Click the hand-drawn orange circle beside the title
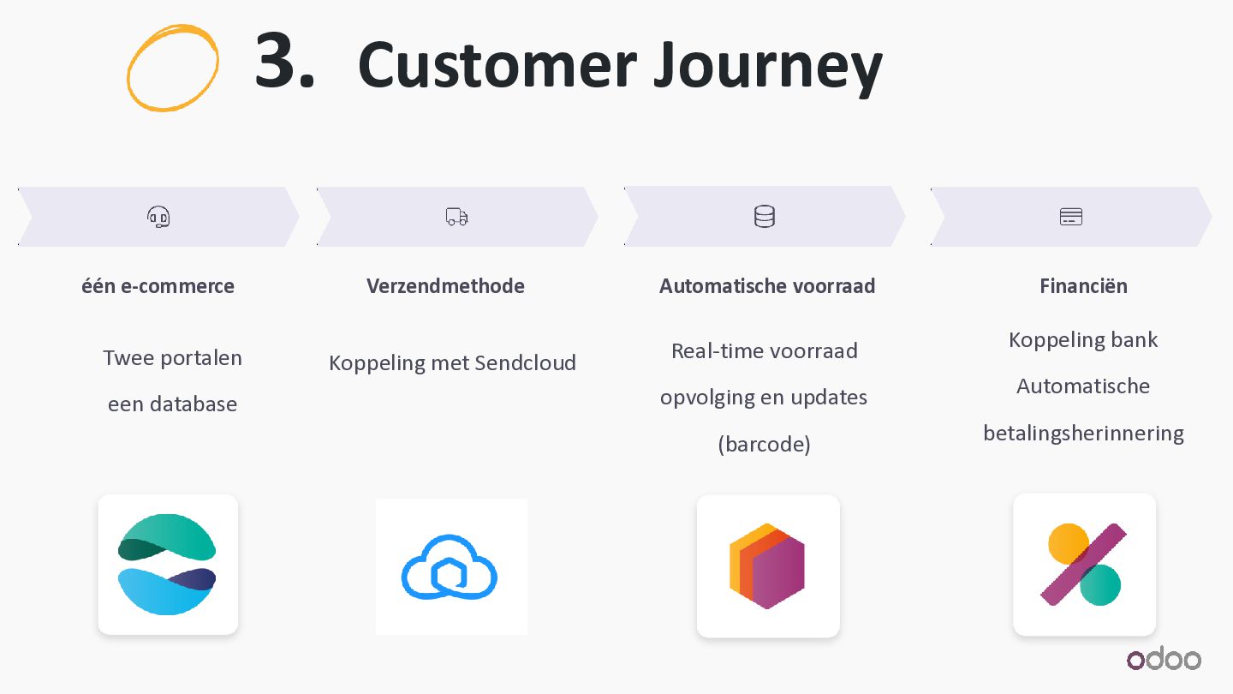[172, 68]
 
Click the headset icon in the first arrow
[158, 217]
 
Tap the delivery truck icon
[457, 217]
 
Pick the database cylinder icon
[765, 217]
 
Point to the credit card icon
[1071, 217]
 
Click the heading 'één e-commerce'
[158, 285]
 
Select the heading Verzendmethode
[445, 285]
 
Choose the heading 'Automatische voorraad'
[767, 285]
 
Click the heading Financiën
[1083, 285]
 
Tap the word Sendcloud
[525, 362]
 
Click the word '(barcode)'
[764, 444]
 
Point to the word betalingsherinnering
[1083, 433]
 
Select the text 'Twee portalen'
[172, 357]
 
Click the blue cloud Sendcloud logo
[450, 566]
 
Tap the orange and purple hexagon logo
[767, 565]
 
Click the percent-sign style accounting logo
[1084, 565]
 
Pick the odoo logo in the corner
[1164, 659]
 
